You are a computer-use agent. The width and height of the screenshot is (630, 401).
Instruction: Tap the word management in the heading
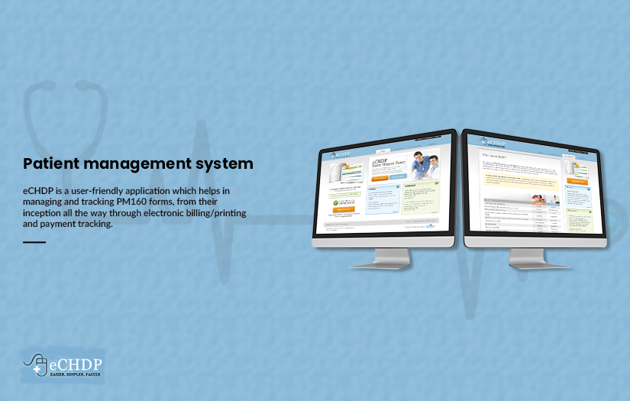[x=136, y=164]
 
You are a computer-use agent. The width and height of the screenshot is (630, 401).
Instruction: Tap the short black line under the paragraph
[x=34, y=242]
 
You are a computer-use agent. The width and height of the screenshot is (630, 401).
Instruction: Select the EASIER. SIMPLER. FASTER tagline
[x=75, y=375]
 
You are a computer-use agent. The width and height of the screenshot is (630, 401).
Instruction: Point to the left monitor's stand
[x=378, y=257]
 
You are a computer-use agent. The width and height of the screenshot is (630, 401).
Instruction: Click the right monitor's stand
[x=541, y=257]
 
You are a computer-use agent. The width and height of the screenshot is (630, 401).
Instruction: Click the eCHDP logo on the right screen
[x=492, y=143]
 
